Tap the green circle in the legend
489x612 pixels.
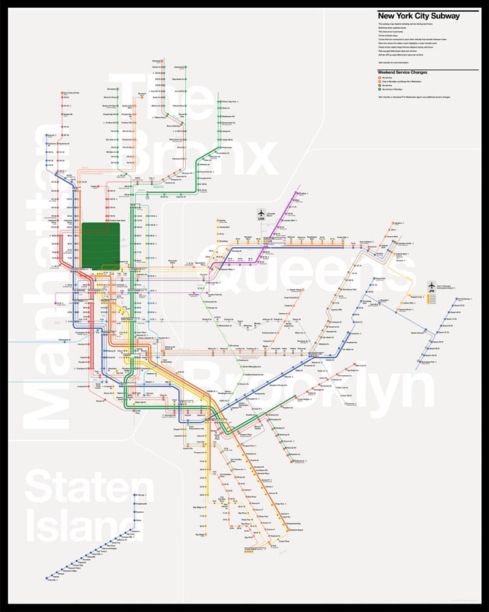(380, 89)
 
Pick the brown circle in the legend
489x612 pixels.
(380, 85)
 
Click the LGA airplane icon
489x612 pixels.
(260, 214)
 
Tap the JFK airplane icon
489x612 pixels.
(431, 286)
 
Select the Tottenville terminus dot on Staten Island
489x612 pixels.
(47, 578)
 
